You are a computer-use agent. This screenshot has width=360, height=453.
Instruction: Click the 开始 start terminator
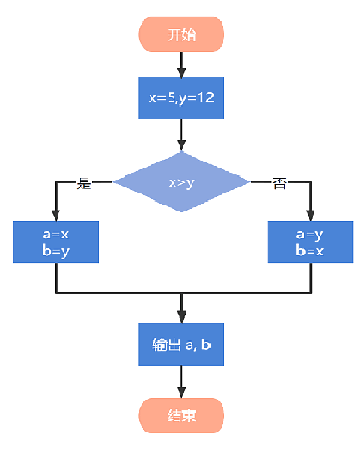coord(181,34)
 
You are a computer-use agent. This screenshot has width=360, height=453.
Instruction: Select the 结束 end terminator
coord(181,415)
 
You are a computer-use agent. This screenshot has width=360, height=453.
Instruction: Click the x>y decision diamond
coord(181,182)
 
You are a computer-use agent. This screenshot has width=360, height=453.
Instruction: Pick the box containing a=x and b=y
coord(56,242)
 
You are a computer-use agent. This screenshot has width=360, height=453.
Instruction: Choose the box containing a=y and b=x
coord(310,242)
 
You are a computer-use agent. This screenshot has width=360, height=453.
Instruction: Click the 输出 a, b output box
coord(181,345)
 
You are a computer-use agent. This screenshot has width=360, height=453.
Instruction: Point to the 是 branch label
coord(84,183)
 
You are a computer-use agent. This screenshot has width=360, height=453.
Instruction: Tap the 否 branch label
coord(279,183)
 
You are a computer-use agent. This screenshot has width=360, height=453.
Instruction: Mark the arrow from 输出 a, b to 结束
coord(181,382)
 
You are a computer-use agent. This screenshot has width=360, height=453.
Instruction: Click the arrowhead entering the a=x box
coord(56,216)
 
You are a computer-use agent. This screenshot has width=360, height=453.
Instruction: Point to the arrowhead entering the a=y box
coord(311,216)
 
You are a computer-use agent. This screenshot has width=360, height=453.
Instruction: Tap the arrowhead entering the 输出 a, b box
coord(181,317)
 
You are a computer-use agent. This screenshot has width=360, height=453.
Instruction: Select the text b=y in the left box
coord(56,251)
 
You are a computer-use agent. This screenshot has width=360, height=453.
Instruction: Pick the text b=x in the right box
coord(310,250)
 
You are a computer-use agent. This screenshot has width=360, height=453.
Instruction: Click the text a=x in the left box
coord(56,234)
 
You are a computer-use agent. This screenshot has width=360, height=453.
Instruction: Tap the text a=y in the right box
coord(310,235)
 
